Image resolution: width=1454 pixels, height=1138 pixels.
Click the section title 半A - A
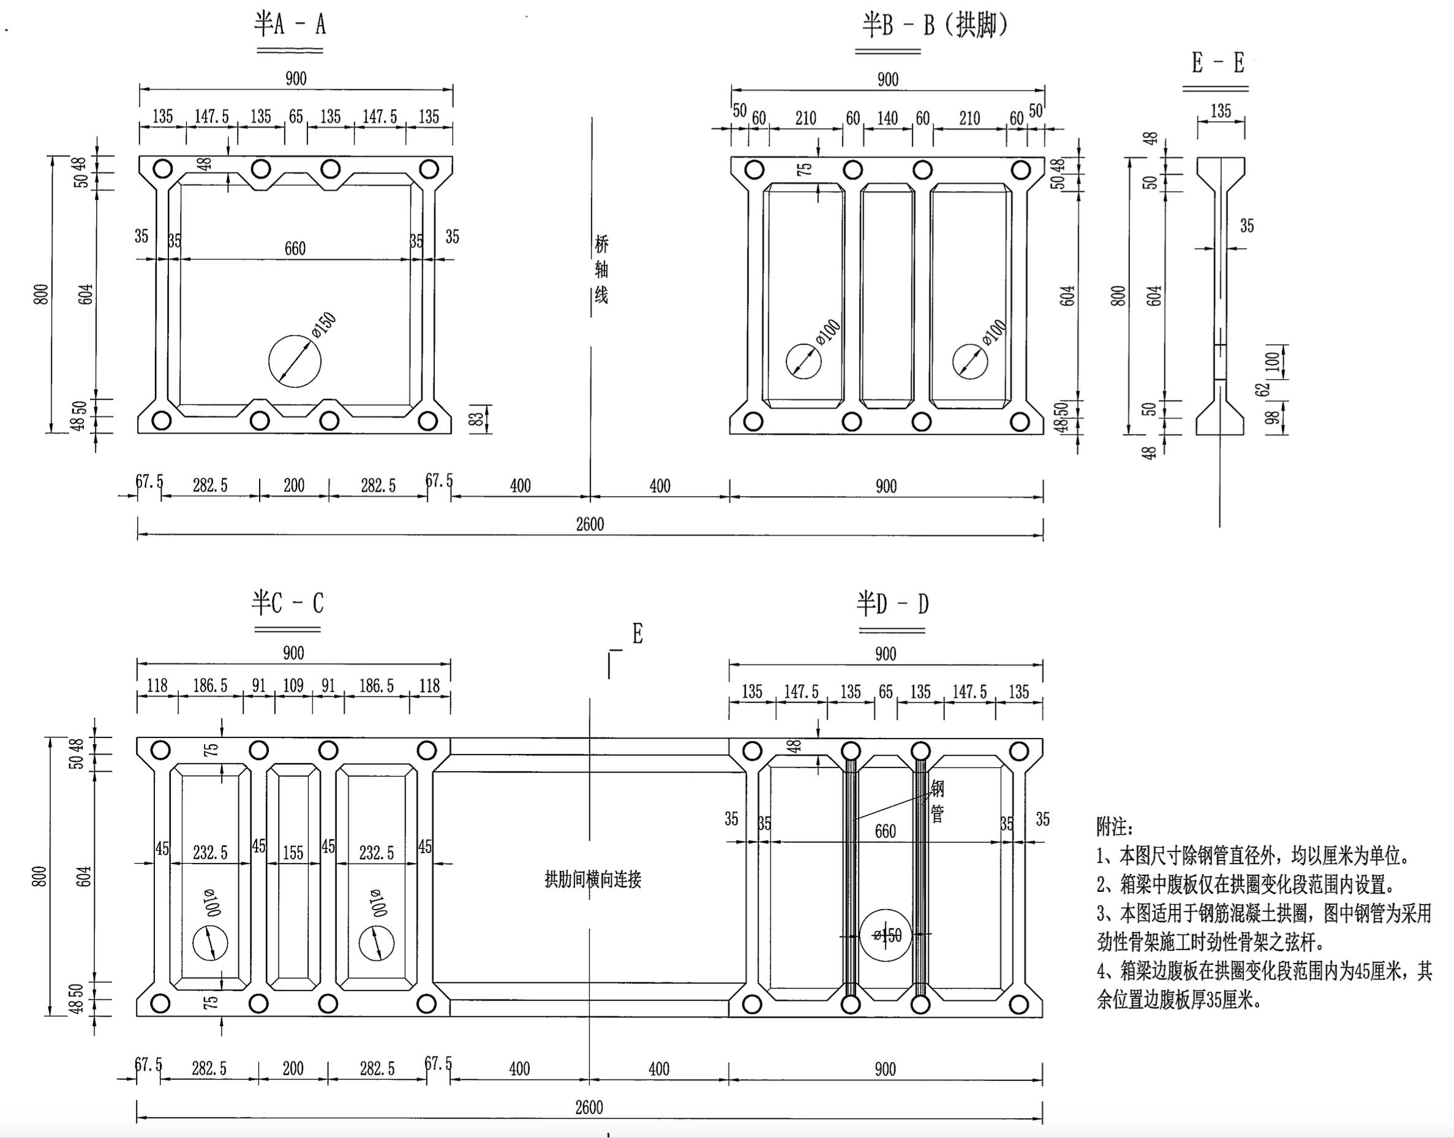pyautogui.click(x=290, y=25)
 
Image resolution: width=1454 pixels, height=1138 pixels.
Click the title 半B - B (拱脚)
pyautogui.click(x=934, y=26)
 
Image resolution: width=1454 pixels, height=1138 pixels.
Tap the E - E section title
pyautogui.click(x=1218, y=63)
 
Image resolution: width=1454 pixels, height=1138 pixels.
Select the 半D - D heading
pyautogui.click(x=892, y=605)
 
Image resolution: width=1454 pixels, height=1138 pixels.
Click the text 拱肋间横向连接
pyautogui.click(x=593, y=880)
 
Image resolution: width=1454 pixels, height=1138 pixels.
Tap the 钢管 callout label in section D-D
pyautogui.click(x=937, y=802)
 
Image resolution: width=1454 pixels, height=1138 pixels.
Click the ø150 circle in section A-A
pyautogui.click(x=295, y=361)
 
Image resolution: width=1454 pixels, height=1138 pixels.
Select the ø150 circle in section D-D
pyautogui.click(x=885, y=935)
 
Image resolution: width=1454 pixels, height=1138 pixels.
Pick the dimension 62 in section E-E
pyautogui.click(x=1262, y=390)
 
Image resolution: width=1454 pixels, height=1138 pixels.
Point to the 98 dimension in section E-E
pyautogui.click(x=1272, y=418)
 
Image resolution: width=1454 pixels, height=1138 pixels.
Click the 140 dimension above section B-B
pyautogui.click(x=887, y=119)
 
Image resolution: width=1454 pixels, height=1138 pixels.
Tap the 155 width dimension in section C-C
pyautogui.click(x=293, y=853)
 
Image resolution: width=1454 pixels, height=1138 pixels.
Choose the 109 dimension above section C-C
pyautogui.click(x=293, y=685)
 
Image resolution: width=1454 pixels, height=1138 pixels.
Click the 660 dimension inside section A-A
pyautogui.click(x=295, y=249)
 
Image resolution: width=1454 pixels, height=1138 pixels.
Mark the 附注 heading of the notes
pyautogui.click(x=1114, y=827)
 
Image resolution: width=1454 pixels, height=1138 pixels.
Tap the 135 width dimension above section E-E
pyautogui.click(x=1220, y=111)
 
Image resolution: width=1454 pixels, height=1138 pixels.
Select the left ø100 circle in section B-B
pyautogui.click(x=803, y=361)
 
